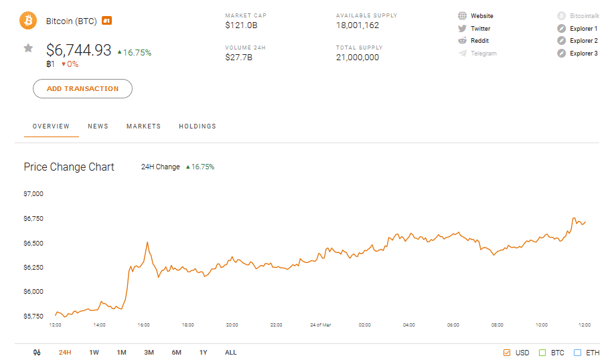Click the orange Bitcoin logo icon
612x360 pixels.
(x=29, y=21)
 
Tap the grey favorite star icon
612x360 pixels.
(x=28, y=48)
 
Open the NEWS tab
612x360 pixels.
(x=98, y=126)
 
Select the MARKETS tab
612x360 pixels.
(x=143, y=126)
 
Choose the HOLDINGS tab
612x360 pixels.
(x=198, y=126)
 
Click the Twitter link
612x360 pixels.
(x=480, y=29)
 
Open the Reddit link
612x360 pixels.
(x=479, y=41)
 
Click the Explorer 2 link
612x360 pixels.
(x=583, y=41)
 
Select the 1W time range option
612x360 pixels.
(x=94, y=353)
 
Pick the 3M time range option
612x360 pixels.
(x=149, y=353)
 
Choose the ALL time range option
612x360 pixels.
(x=230, y=353)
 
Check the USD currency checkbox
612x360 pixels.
(x=507, y=353)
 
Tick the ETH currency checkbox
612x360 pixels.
(x=577, y=353)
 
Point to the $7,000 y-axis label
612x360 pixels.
(x=33, y=194)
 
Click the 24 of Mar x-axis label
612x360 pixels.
(x=320, y=325)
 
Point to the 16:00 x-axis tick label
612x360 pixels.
(x=143, y=325)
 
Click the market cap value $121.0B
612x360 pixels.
(x=242, y=26)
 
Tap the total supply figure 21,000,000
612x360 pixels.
(x=358, y=58)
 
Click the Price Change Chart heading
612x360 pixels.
(x=69, y=167)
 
